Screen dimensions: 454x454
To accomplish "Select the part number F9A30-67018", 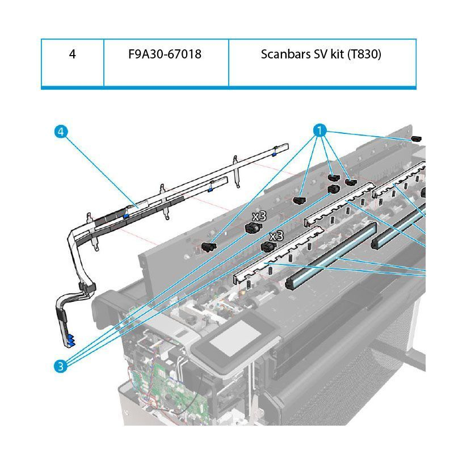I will [x=165, y=55].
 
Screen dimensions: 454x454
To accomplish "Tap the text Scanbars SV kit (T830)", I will [x=321, y=55].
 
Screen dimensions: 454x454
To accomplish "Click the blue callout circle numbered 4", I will [x=61, y=131].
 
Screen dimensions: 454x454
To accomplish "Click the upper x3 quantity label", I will [x=259, y=216].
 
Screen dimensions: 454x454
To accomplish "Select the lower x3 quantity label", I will [x=276, y=236].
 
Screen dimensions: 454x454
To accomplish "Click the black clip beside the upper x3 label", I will [x=251, y=228].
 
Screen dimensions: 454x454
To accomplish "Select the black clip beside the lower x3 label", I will [x=267, y=247].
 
